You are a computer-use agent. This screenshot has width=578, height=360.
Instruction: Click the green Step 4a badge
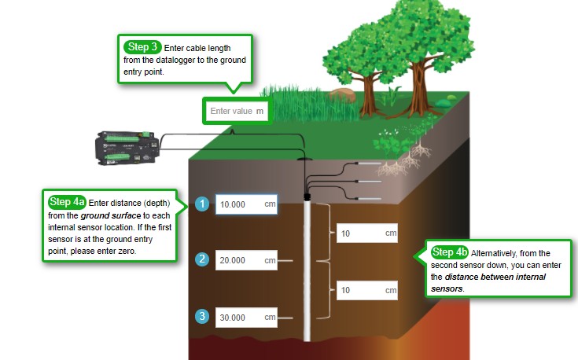[67, 202]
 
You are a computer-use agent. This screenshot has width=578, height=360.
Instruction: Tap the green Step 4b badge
[450, 252]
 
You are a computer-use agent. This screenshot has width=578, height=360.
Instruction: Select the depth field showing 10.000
[246, 204]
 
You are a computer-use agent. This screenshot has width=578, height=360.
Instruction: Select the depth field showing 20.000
[246, 260]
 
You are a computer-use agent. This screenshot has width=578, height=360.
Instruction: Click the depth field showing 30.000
[246, 318]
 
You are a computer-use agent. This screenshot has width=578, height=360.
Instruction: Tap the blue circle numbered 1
[202, 204]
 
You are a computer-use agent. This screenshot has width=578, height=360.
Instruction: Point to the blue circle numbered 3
[202, 317]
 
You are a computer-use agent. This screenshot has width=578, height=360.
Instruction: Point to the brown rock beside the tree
[343, 94]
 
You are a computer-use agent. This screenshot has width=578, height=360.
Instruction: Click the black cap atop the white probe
[307, 196]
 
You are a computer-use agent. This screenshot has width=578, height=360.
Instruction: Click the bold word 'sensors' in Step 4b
[447, 288]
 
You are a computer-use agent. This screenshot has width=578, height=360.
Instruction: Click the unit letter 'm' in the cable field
[260, 112]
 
